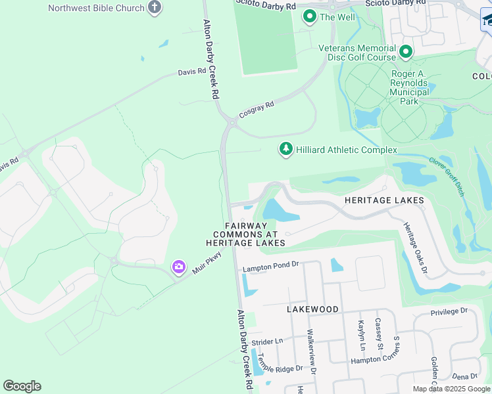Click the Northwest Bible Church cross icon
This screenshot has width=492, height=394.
pos(154,8)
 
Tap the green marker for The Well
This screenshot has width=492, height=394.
pos(308,17)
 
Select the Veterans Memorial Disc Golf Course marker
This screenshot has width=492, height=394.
pos(406,51)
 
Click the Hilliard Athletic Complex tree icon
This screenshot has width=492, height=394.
pos(285,150)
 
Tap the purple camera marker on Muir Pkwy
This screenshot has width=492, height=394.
pos(178,267)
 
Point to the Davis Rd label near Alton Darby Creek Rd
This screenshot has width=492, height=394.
pos(191,72)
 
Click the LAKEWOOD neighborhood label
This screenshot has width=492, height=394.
pos(312,309)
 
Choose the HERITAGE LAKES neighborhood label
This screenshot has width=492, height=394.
pos(385,200)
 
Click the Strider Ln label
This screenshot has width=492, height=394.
pos(266,341)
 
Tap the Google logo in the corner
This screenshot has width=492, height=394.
pos(22,385)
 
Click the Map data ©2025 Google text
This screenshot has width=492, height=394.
pos(451,389)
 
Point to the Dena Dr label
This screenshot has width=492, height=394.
pos(464,376)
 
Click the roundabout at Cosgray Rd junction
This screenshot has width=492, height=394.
pos(231,121)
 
